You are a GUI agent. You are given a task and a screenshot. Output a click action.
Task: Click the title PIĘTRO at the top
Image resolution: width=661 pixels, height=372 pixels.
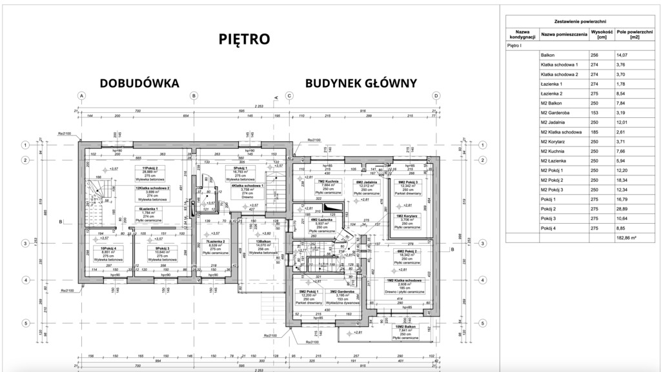243,39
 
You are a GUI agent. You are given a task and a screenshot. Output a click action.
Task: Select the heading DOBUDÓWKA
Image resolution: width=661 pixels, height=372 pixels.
138,83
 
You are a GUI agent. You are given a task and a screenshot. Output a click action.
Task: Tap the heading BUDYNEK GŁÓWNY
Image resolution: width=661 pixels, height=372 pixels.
361,83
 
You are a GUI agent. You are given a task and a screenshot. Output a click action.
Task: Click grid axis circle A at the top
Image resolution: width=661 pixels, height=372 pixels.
82,96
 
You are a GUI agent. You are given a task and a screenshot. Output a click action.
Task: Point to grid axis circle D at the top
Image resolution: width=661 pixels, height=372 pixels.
436,96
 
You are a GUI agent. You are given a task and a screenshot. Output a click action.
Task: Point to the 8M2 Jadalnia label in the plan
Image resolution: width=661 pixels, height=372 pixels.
366,181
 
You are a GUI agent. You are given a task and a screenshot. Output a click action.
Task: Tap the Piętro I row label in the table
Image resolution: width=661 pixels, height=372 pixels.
515,46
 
